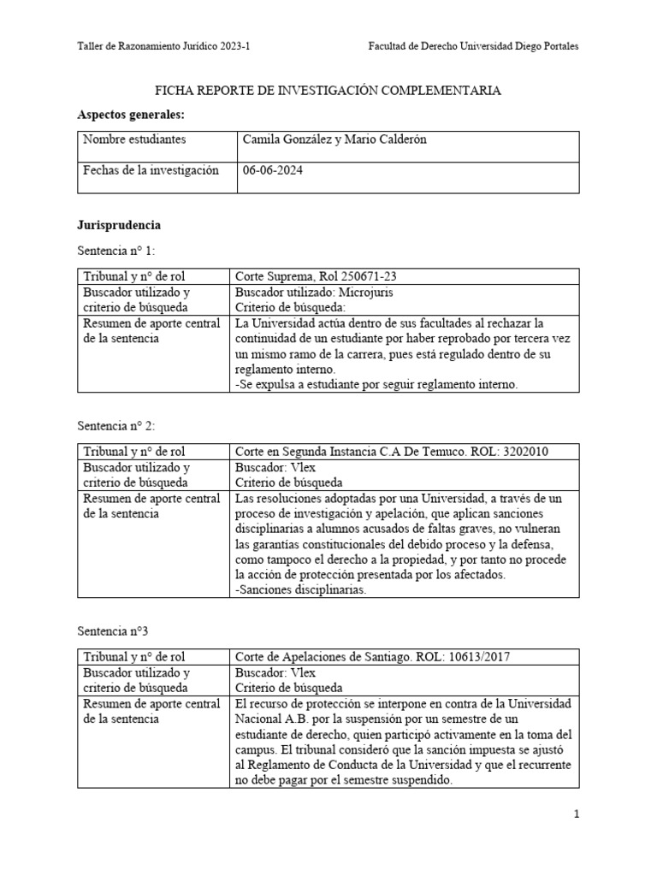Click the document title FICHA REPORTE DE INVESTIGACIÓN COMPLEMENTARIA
tap(327, 90)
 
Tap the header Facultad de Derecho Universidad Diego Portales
tap(472, 46)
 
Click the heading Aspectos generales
tap(131, 115)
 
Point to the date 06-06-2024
tap(273, 170)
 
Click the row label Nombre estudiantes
tap(134, 139)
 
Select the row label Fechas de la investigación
tap(151, 170)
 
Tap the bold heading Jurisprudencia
tap(119, 226)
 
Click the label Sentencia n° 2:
tap(117, 425)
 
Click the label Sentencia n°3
tap(113, 631)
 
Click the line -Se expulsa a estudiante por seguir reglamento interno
tap(376, 385)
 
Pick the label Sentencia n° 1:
tap(117, 251)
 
